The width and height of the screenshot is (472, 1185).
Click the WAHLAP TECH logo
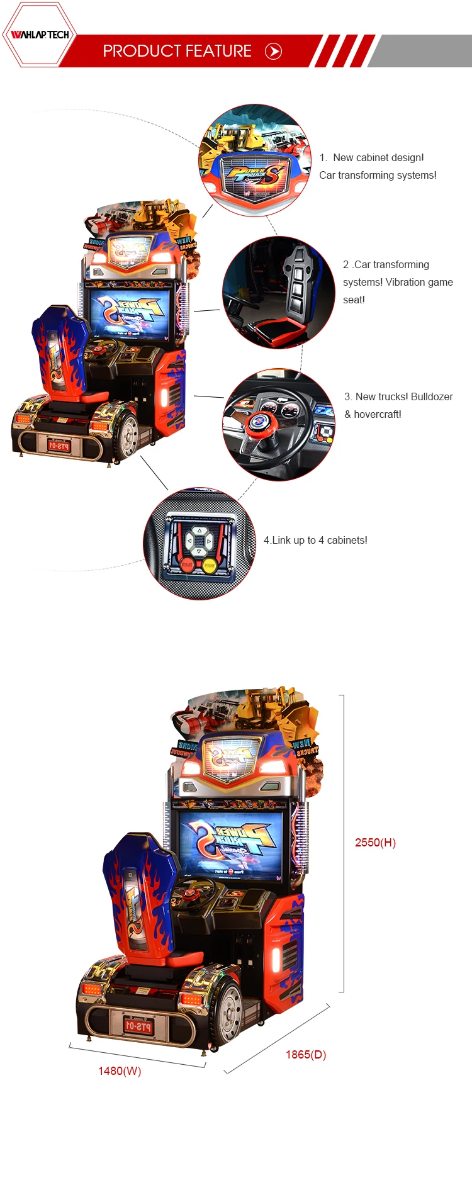tap(40, 35)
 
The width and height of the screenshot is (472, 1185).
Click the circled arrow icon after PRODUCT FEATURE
tap(273, 52)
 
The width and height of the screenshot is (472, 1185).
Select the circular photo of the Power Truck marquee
tap(255, 160)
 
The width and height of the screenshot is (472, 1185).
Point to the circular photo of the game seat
tap(279, 293)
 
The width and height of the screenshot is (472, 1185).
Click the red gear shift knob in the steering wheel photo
tap(259, 422)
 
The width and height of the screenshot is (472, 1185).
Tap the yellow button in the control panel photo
tap(209, 565)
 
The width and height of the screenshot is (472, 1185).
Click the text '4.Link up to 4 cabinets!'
tap(315, 540)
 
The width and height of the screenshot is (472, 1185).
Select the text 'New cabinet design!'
tap(378, 157)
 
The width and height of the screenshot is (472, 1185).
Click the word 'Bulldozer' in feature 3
tap(432, 396)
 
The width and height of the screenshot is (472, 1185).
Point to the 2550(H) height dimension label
tap(375, 843)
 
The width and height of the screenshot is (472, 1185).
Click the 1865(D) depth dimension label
tap(306, 1054)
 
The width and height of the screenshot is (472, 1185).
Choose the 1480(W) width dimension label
tap(120, 1070)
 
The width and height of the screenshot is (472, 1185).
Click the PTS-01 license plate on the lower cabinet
tap(138, 1026)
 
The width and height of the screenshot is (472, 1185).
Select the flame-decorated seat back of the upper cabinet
tap(60, 349)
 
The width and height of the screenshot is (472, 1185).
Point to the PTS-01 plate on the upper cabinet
tap(58, 446)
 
